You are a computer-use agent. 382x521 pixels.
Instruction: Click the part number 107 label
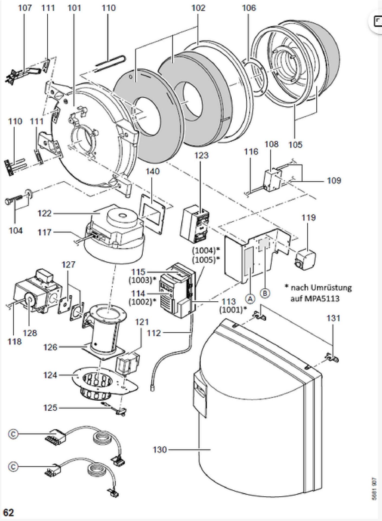point(25,8)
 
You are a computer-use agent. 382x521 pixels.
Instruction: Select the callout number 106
point(249,8)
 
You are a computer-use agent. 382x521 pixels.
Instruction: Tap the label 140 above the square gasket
point(153,171)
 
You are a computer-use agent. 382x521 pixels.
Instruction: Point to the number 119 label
point(309,217)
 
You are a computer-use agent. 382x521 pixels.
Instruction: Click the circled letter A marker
point(250,298)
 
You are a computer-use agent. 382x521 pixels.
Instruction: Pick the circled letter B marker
point(265,293)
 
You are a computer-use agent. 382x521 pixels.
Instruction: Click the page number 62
point(8,512)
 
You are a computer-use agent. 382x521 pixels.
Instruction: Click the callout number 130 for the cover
point(160,450)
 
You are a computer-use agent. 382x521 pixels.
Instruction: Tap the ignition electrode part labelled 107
point(22,74)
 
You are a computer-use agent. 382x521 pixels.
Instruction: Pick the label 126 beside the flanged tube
point(50,347)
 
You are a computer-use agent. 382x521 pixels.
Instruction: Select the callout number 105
point(295,144)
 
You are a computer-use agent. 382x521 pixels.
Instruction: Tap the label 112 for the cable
point(154,333)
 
